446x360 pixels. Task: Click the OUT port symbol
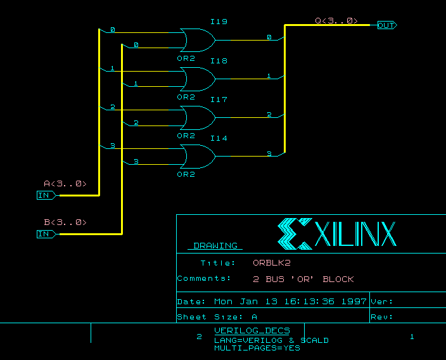(386, 25)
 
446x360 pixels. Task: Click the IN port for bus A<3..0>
(45, 195)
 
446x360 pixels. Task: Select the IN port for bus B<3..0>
(45, 234)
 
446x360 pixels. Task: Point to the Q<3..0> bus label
(336, 21)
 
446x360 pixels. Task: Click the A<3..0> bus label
(65, 184)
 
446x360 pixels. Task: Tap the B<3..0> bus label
(65, 222)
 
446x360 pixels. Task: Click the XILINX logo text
(355, 234)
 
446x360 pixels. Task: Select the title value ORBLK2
(271, 263)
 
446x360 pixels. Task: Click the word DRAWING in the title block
(215, 245)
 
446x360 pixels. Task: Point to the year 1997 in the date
(354, 302)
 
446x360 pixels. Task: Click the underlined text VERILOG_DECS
(252, 330)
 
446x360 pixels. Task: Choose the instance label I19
(219, 22)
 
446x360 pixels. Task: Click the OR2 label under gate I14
(186, 174)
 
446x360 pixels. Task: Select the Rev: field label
(382, 317)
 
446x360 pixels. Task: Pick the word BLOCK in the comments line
(338, 279)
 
